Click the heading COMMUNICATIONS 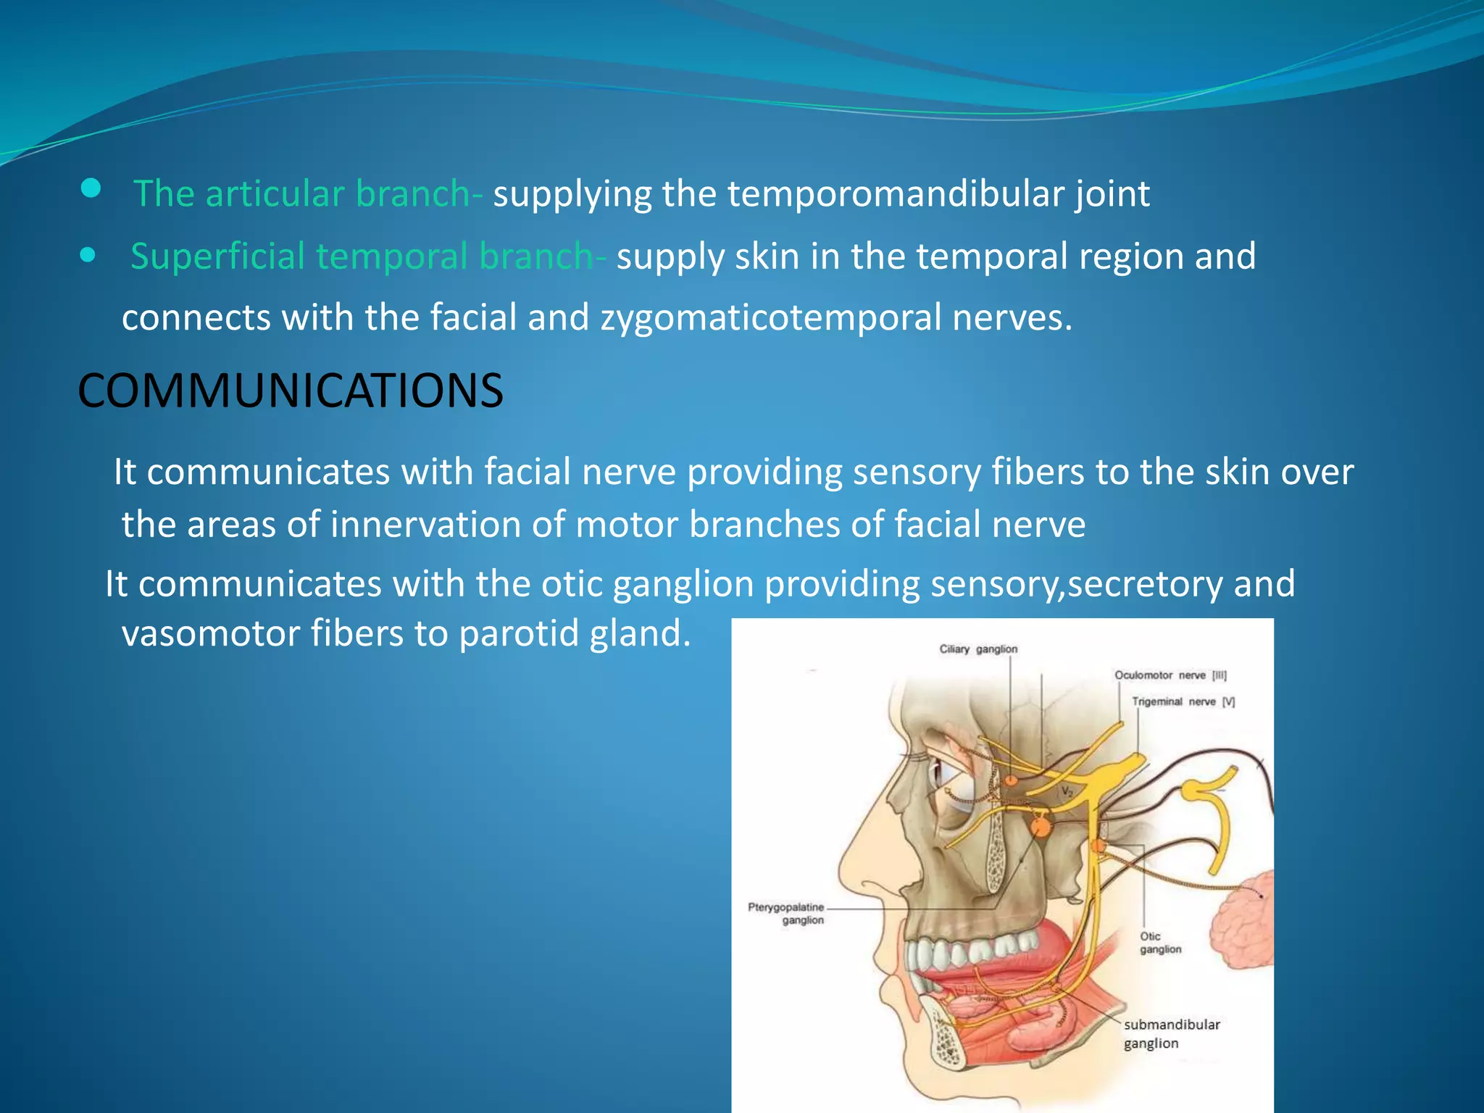point(290,391)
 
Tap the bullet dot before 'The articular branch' point(91,190)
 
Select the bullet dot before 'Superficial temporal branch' point(88,255)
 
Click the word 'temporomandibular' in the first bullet point(896,194)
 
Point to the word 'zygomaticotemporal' point(770,318)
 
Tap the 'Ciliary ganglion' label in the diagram point(978,649)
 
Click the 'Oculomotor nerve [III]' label point(1170,675)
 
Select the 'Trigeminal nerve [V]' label point(1183,701)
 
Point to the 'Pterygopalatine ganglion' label point(787,914)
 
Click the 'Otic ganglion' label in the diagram point(1159,943)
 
